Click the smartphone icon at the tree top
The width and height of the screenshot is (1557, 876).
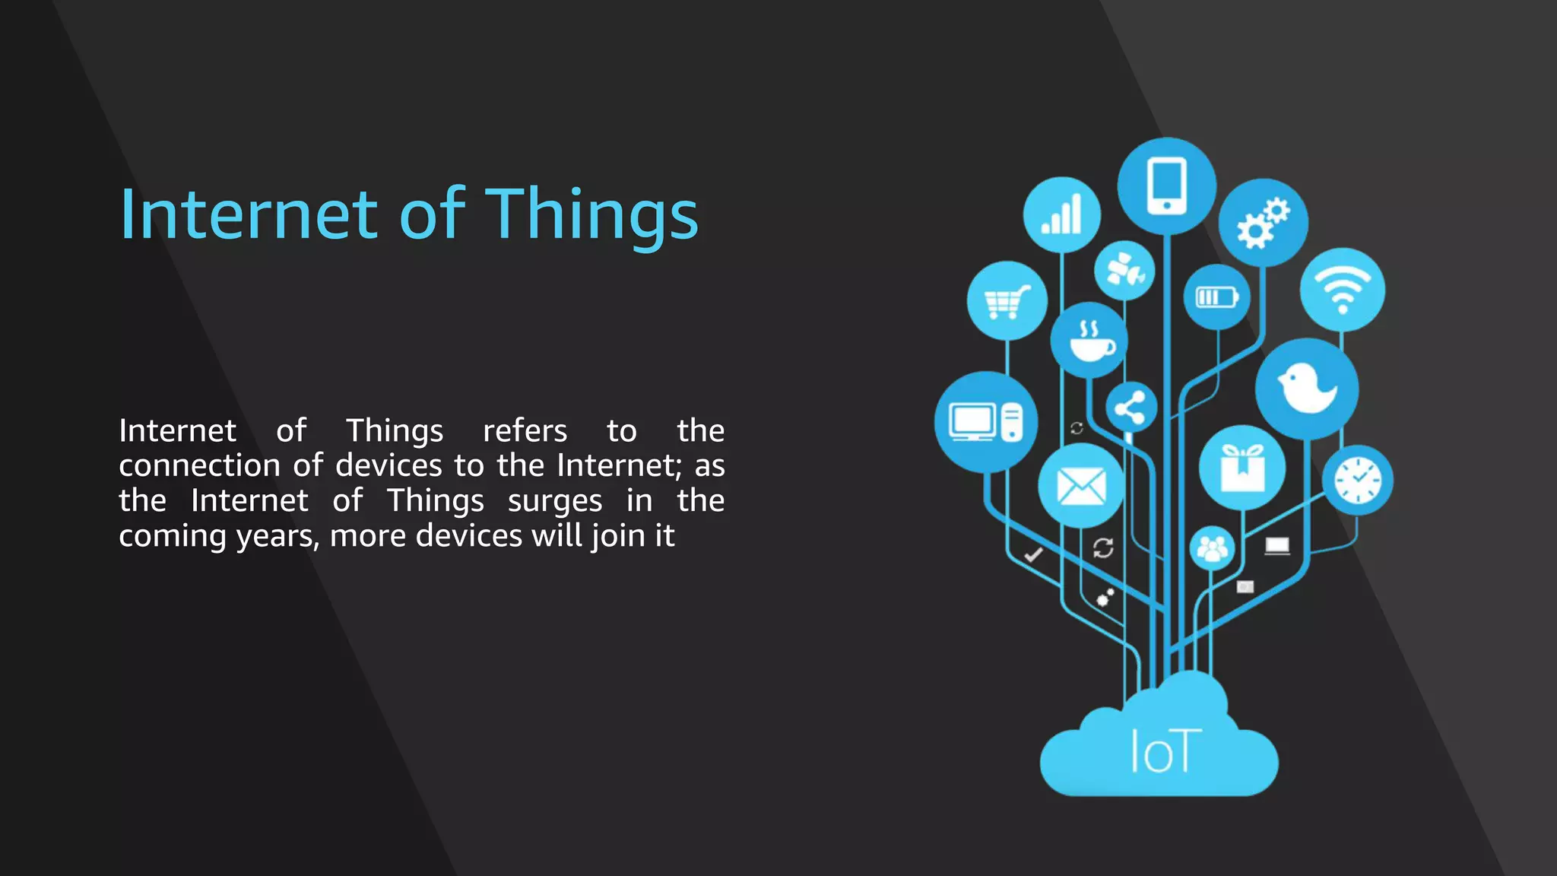[1167, 186]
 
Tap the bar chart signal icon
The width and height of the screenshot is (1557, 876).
[1061, 214]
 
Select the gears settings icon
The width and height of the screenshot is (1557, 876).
[1263, 222]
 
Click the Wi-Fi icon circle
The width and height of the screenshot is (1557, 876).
[1343, 290]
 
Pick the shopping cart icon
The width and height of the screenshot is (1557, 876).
[1007, 301]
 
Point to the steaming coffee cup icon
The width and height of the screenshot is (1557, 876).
[1089, 340]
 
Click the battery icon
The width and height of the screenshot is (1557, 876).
[1216, 297]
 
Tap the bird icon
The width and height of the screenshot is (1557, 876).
[1307, 388]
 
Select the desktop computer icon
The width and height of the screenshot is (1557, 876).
[985, 422]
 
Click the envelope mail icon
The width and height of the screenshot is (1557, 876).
[1081, 486]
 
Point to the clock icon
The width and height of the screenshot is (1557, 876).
[1358, 481]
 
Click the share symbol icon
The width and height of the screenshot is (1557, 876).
[1130, 408]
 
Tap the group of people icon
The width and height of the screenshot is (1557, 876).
[1212, 547]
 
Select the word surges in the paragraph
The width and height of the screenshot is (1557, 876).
[555, 501]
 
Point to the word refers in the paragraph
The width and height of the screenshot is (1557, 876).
[525, 431]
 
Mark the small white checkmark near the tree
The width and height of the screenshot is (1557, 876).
[1033, 554]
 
